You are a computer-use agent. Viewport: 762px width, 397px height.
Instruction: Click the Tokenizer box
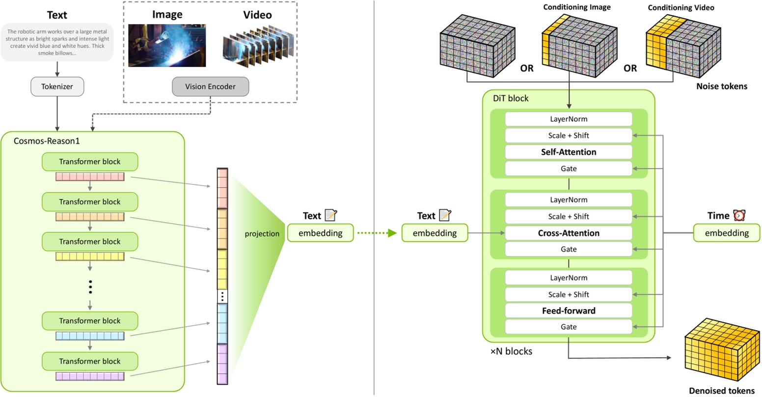coord(57,86)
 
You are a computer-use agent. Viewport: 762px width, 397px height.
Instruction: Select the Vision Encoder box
coord(210,86)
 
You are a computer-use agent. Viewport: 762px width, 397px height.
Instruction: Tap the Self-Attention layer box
coord(569,152)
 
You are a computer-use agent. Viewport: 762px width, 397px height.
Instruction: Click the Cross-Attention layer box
coord(569,233)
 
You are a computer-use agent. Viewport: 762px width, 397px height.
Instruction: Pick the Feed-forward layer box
coord(569,311)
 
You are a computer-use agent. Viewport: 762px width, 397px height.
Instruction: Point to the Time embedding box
coord(726,233)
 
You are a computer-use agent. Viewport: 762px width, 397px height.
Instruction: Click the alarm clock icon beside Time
coord(739,215)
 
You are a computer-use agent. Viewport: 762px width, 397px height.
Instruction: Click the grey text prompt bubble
coord(57,42)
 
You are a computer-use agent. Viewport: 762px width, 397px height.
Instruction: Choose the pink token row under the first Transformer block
coord(90,177)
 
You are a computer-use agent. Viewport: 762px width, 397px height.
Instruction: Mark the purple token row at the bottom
coord(90,376)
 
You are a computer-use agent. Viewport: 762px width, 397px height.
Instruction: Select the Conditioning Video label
coord(680,8)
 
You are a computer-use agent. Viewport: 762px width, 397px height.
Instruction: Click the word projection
coord(262,233)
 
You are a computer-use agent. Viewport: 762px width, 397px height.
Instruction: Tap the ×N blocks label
coord(511,351)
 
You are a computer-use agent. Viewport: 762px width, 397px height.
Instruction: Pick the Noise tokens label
coord(721,86)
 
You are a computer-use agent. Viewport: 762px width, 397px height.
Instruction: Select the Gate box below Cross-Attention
coord(569,249)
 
